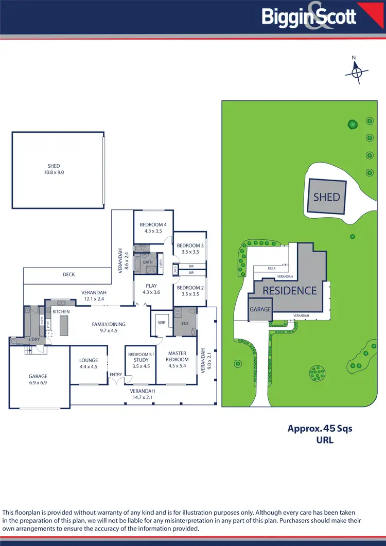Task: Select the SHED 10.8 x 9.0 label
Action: pos(54,169)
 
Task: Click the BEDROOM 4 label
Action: pos(153,228)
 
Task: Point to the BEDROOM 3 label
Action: pos(190,249)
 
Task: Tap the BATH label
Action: pos(148,262)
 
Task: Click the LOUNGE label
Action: pos(89,363)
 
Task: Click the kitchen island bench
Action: pos(64,326)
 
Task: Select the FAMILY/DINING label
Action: pos(108,327)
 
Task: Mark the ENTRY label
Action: pos(115,374)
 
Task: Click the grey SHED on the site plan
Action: pos(327,197)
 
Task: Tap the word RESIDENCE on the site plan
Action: pos(290,291)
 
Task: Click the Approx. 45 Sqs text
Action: pos(320,428)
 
